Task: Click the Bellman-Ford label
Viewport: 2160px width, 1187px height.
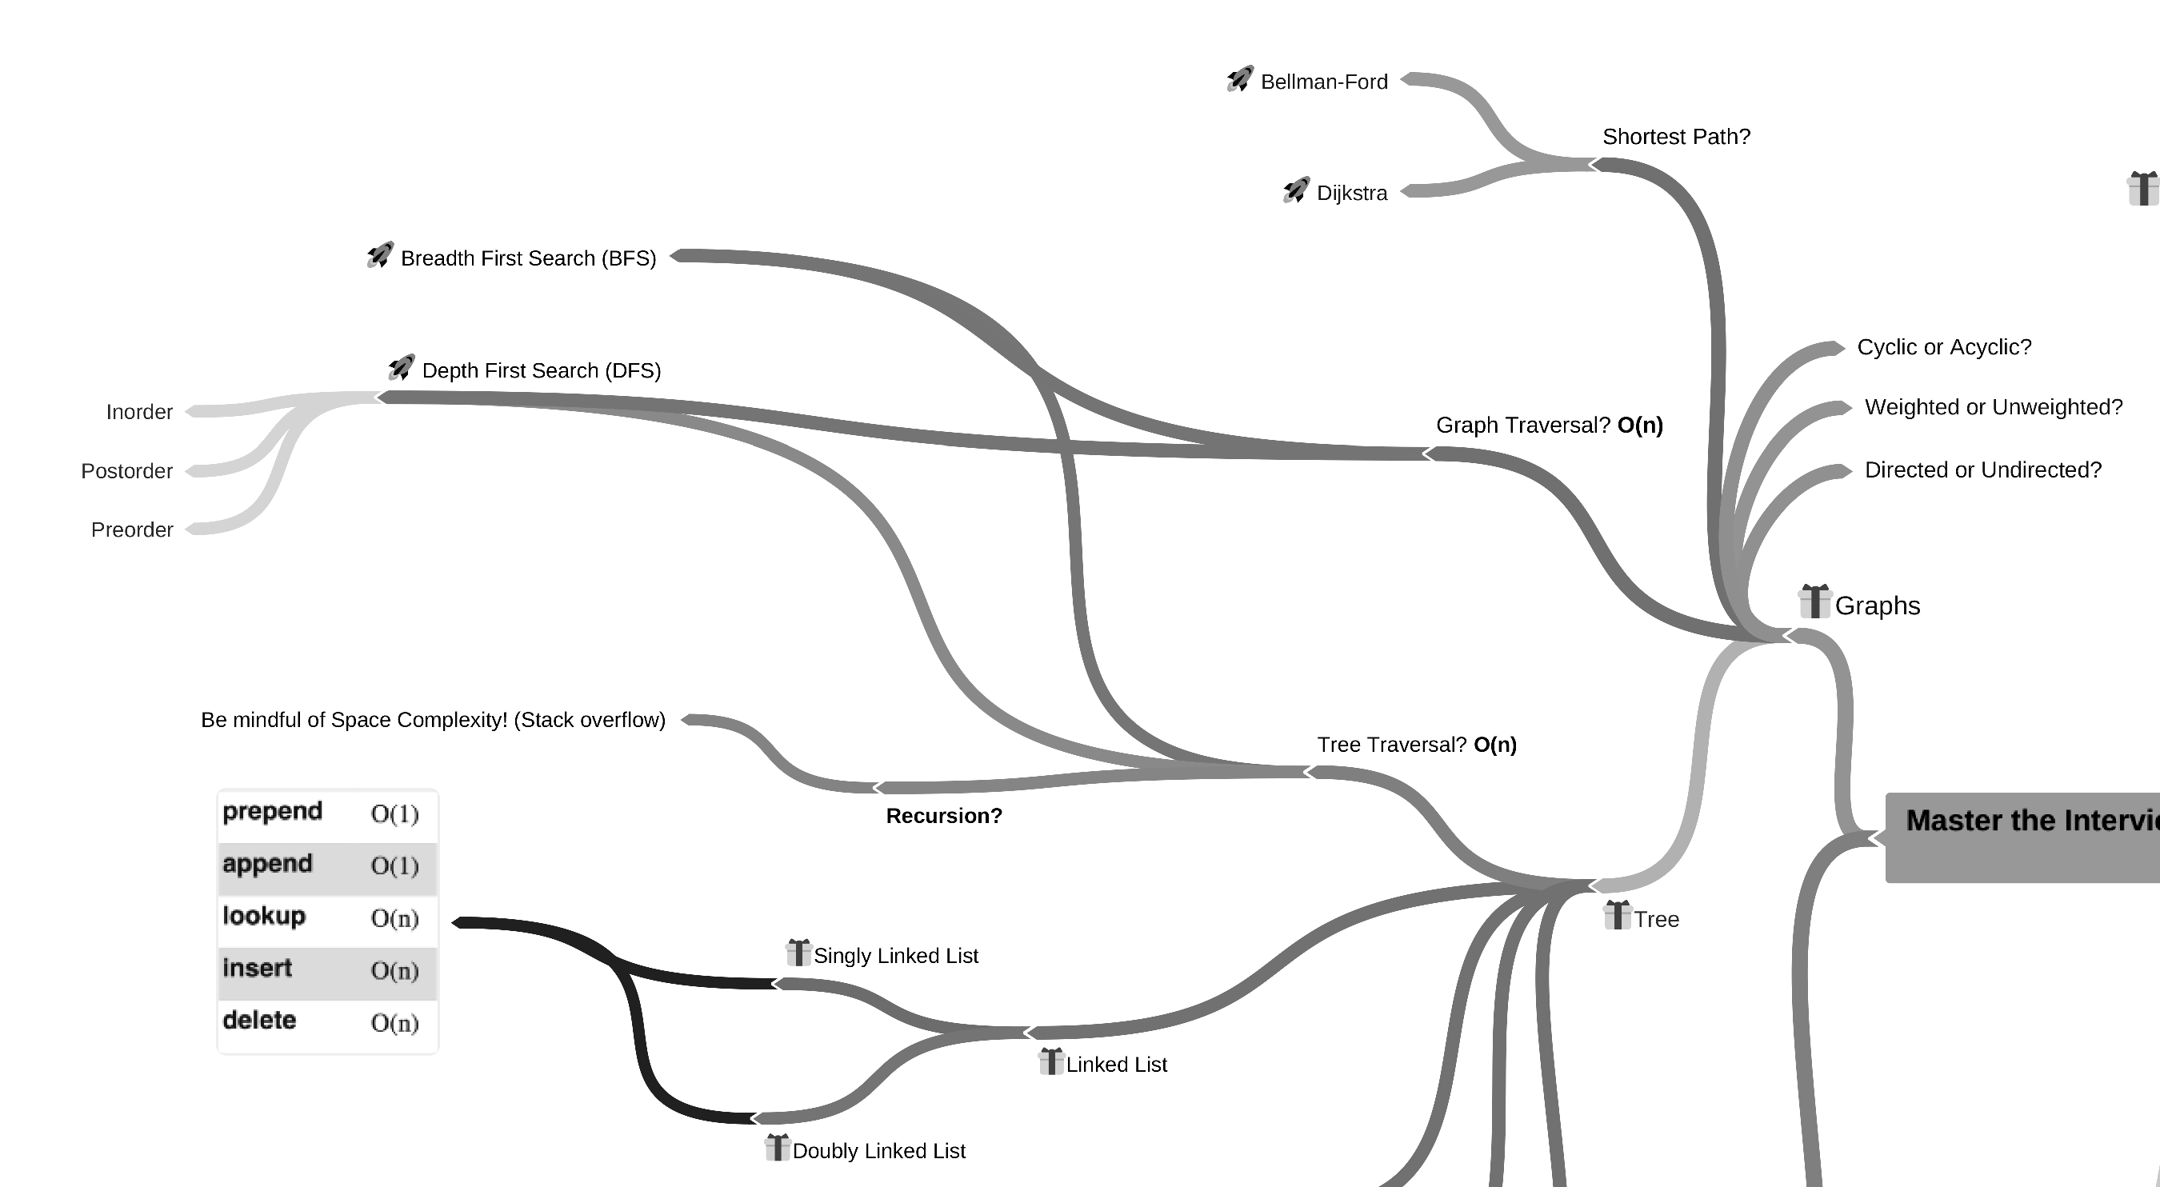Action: pyautogui.click(x=1323, y=82)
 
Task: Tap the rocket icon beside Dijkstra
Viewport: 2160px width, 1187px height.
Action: pyautogui.click(x=1295, y=191)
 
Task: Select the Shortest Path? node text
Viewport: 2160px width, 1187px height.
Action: pyautogui.click(x=1676, y=137)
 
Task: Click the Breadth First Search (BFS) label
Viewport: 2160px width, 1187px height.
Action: pyautogui.click(x=528, y=258)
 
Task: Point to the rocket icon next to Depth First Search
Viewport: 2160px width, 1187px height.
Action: pyautogui.click(x=402, y=368)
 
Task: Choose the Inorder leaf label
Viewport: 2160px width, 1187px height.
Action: pyautogui.click(x=139, y=413)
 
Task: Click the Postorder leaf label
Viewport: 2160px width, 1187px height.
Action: pyautogui.click(x=126, y=471)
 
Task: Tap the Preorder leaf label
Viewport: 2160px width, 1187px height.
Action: pyautogui.click(x=132, y=530)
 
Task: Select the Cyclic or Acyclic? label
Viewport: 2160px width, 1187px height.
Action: pyautogui.click(x=1944, y=347)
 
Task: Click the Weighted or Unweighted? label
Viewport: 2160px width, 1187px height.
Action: pyautogui.click(x=1993, y=407)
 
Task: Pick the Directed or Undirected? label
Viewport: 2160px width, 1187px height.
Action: pyautogui.click(x=1982, y=470)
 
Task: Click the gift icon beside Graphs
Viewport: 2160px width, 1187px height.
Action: pyautogui.click(x=1814, y=601)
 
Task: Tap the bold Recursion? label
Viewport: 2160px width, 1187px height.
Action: pyautogui.click(x=943, y=816)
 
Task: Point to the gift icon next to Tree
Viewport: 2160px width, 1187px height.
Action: pyautogui.click(x=1617, y=915)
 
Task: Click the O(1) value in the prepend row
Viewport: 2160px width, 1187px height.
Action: pyautogui.click(x=394, y=814)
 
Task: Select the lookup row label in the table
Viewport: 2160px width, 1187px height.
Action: pyautogui.click(x=264, y=916)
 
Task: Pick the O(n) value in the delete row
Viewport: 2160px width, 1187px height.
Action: pyautogui.click(x=394, y=1023)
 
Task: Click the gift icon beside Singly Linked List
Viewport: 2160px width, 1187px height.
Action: pyautogui.click(x=798, y=953)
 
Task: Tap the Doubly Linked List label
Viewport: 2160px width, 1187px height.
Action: pyautogui.click(x=878, y=1151)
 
